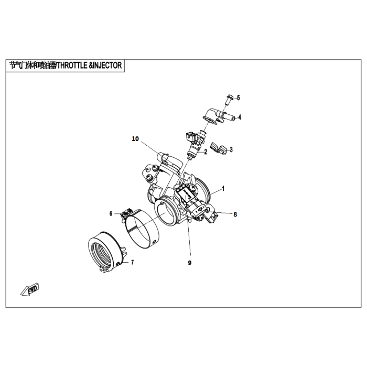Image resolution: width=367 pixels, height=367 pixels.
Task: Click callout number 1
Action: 223,189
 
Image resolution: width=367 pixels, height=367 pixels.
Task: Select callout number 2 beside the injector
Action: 206,152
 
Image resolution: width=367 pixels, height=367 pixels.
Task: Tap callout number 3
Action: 231,149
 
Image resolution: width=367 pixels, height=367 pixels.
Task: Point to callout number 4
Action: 240,117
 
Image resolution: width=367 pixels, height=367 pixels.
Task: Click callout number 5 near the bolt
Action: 238,98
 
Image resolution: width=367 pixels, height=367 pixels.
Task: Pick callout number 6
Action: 111,214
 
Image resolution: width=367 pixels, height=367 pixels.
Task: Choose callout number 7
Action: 133,262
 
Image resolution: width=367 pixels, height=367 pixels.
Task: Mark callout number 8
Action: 235,214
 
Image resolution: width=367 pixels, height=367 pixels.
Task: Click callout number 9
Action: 190,263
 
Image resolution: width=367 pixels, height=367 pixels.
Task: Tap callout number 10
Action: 135,139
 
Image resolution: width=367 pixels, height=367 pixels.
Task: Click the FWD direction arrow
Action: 30,290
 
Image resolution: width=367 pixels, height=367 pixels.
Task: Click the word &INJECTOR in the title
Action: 105,66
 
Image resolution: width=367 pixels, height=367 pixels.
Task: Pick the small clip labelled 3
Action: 219,148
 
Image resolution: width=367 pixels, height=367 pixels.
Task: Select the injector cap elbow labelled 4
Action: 219,115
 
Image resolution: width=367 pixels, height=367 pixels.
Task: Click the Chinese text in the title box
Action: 33,66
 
